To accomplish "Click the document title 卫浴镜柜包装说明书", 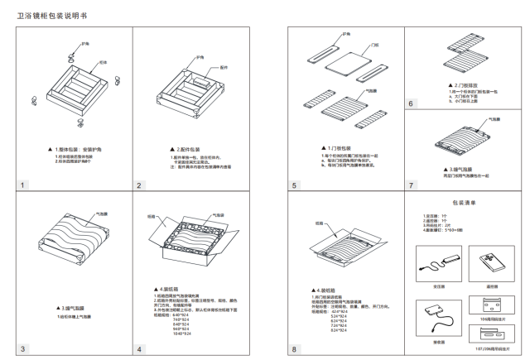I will [52, 16].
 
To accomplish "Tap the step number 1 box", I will [24, 185].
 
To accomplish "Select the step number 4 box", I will [140, 350].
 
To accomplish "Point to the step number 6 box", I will [411, 103].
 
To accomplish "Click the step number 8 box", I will [294, 350].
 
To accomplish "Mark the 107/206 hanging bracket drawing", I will [489, 333].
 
